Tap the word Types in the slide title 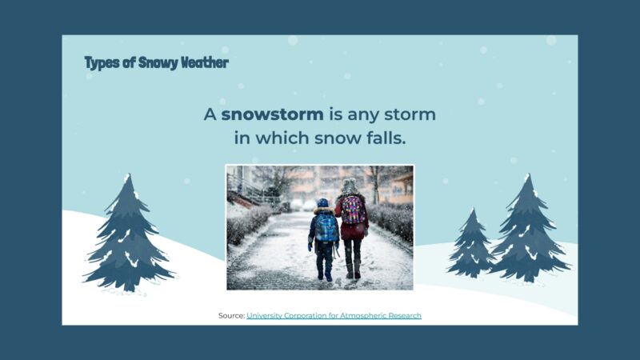click(102, 62)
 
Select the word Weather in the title click(205, 62)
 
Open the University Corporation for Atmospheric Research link click(334, 316)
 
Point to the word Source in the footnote click(230, 316)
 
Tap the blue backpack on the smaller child click(326, 226)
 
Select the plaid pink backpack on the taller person click(354, 210)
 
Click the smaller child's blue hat click(322, 203)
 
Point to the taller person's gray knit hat click(349, 185)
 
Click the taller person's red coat click(352, 228)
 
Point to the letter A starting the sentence click(210, 114)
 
